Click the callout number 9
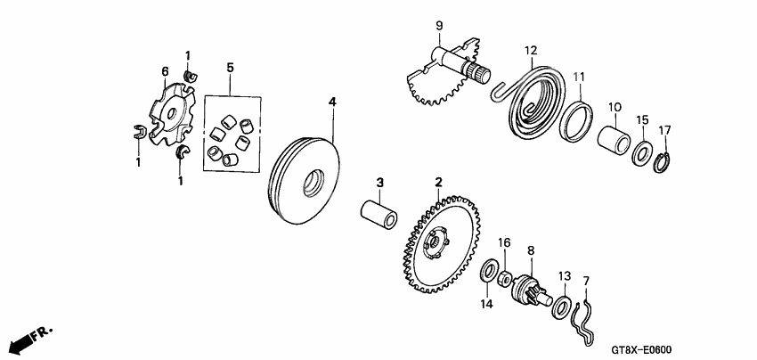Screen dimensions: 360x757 438,23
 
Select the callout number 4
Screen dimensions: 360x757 332,103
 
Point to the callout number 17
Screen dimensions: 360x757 663,130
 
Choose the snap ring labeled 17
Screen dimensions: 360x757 661,160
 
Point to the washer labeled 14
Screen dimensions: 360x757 489,271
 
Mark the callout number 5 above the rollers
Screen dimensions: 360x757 229,67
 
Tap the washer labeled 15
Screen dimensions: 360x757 640,152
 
